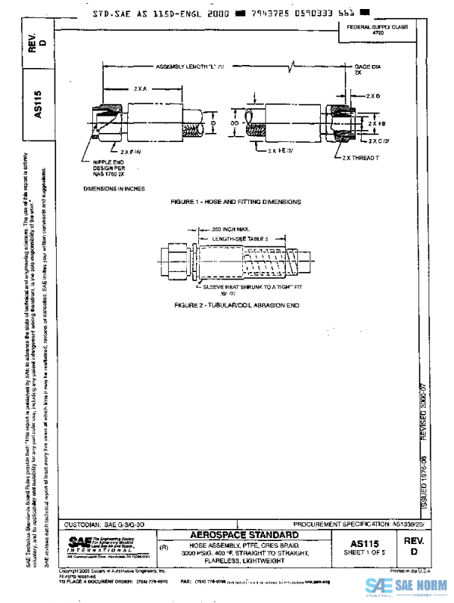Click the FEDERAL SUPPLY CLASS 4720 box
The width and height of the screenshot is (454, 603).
pyautogui.click(x=377, y=29)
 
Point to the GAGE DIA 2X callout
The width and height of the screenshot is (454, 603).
pyautogui.click(x=366, y=70)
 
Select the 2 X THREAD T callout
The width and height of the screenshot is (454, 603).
pyautogui.click(x=359, y=157)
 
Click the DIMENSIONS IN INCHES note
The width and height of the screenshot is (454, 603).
pyautogui.click(x=114, y=188)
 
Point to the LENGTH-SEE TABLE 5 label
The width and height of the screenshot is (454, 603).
pyautogui.click(x=235, y=238)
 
